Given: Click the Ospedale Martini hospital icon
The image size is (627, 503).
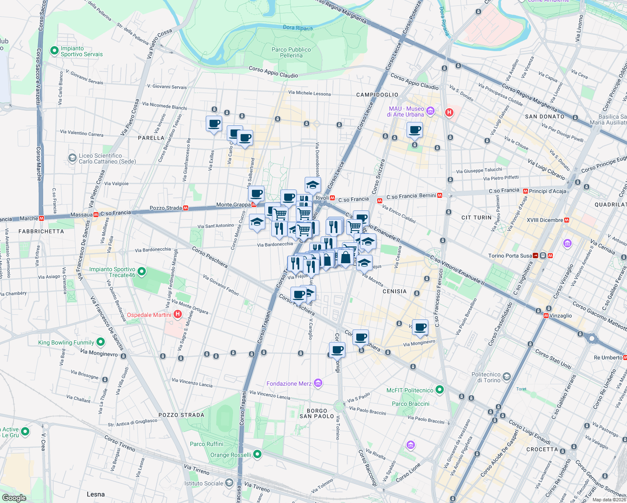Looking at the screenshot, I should (178, 314).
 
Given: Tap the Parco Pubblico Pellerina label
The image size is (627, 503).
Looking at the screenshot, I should (291, 52).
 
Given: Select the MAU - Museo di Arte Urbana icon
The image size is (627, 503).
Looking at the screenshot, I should (430, 111).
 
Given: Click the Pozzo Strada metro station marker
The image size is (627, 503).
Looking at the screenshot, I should (186, 208).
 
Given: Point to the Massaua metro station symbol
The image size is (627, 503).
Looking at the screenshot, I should (96, 215).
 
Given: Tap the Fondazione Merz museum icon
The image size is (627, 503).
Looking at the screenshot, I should (318, 383).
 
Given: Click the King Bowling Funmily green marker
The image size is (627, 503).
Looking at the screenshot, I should (101, 342).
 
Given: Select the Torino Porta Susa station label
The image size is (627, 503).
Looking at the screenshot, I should (510, 256).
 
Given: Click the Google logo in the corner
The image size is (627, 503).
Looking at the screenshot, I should (14, 498).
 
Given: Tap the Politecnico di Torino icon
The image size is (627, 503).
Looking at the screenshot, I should (507, 377).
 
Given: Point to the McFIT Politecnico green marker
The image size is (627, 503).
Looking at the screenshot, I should (439, 390).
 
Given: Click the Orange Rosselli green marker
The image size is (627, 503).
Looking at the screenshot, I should (257, 454).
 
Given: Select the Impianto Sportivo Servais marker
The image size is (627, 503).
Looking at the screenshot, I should (54, 51).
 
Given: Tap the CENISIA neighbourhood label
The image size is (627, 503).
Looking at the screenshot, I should (394, 291).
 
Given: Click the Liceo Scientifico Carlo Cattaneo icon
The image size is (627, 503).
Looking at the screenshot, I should (72, 158).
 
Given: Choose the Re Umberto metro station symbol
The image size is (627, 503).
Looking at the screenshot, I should (625, 358).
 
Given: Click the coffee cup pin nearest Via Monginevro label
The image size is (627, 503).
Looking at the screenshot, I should (420, 327).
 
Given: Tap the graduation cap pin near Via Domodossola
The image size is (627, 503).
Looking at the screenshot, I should (313, 184).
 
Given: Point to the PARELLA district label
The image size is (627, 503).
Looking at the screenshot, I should (151, 138).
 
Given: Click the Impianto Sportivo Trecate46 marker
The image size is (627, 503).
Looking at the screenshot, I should (142, 272).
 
